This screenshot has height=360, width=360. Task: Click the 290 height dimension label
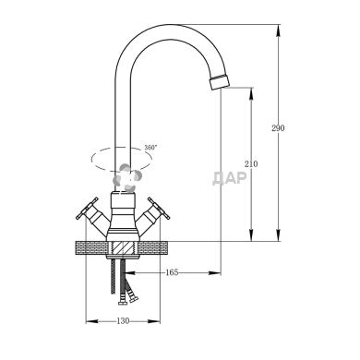tap(278, 128)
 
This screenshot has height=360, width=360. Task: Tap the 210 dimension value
tap(251, 164)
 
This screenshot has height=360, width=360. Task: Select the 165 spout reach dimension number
tap(172, 272)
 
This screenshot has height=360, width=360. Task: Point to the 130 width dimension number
tap(123, 321)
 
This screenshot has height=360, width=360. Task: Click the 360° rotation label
tap(150, 147)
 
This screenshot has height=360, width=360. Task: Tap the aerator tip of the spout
tap(220, 82)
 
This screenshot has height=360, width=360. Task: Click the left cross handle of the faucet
tap(87, 209)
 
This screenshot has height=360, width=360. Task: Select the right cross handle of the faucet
tap(159, 209)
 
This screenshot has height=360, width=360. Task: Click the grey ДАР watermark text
tap(230, 178)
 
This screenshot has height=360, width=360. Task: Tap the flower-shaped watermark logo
tap(127, 178)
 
